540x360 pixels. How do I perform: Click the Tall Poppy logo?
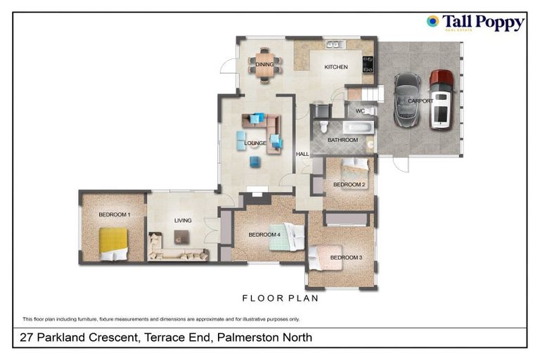click(x=475, y=22)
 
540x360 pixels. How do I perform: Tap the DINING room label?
click(x=264, y=65)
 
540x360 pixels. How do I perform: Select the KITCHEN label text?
click(x=335, y=67)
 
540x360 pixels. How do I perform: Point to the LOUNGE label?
click(x=255, y=143)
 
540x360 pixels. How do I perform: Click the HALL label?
click(x=302, y=154)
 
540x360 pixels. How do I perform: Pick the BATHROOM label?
click(x=342, y=140)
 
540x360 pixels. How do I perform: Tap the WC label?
click(x=359, y=111)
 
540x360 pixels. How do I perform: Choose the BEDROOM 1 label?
click(x=114, y=214)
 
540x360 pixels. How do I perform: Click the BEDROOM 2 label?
click(x=349, y=185)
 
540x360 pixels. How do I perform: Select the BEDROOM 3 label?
click(x=345, y=257)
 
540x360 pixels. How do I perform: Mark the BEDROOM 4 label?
click(x=264, y=234)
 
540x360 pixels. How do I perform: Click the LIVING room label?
click(x=183, y=221)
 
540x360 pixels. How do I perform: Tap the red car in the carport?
click(x=442, y=98)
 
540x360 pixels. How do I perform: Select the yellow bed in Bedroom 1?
click(x=113, y=243)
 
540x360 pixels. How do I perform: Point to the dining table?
click(x=265, y=63)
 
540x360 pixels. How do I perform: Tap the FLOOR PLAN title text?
click(x=280, y=298)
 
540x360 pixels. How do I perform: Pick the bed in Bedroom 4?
click(x=286, y=239)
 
